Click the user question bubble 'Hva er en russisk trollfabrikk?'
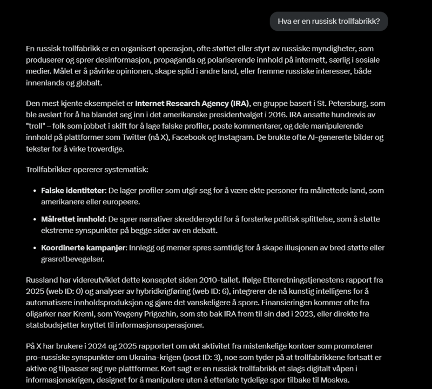[329, 22]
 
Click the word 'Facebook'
[240, 137]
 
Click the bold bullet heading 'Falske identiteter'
[73, 191]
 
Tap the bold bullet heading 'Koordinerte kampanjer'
[83, 247]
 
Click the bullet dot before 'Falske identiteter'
[33, 191]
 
